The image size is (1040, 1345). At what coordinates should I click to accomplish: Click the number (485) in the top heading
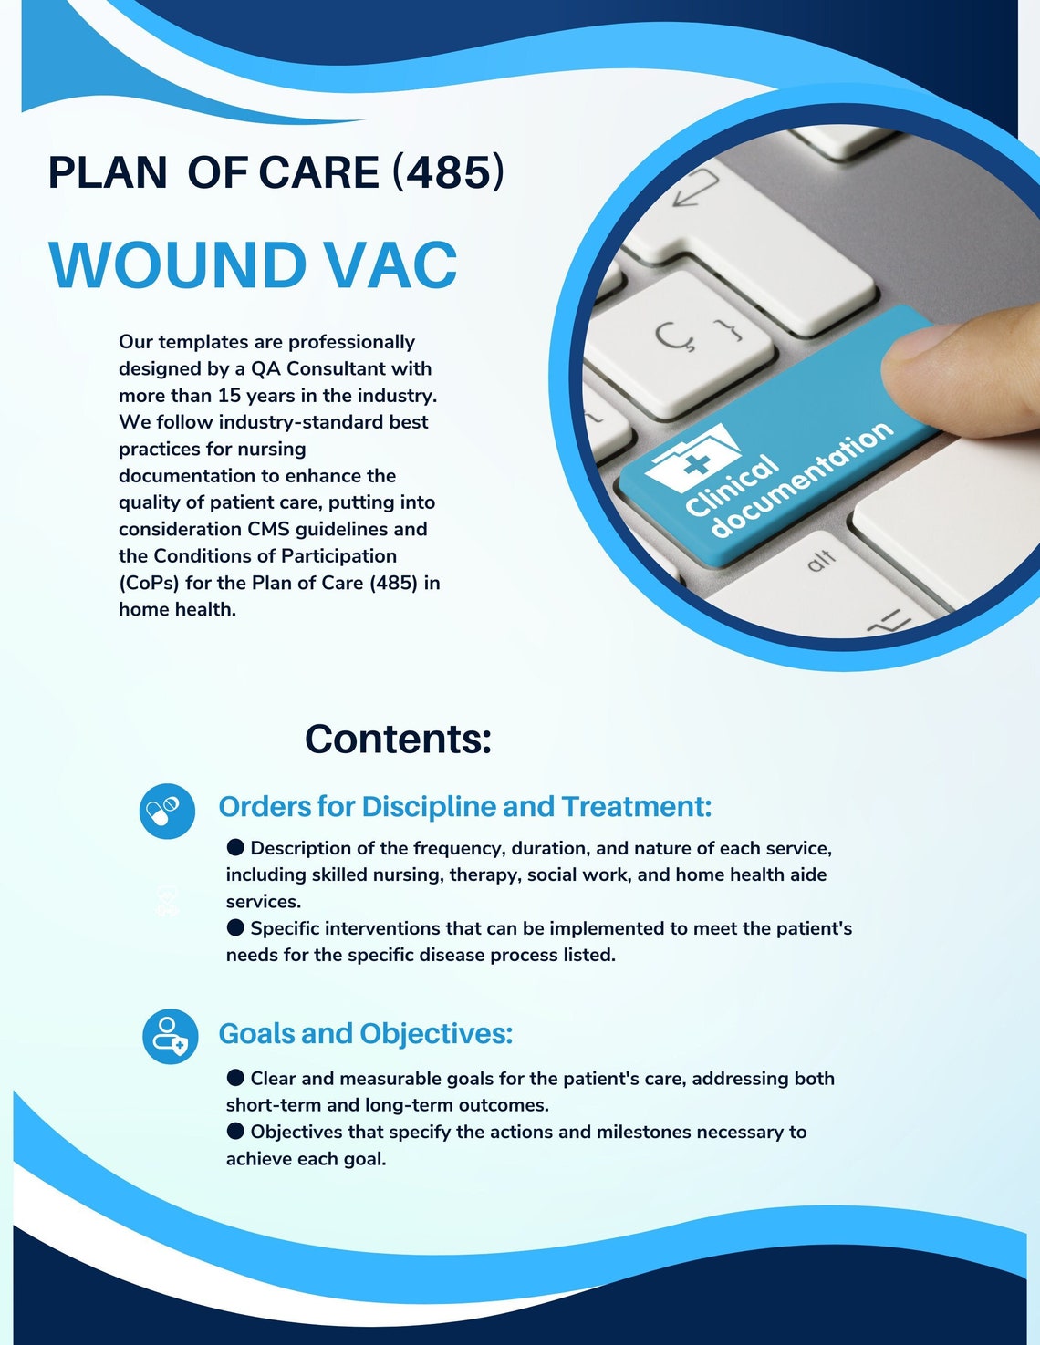448,172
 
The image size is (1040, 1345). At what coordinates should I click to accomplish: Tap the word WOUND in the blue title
178,265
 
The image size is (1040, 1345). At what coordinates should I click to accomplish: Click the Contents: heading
398,739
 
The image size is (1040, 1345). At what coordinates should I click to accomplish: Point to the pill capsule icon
167,811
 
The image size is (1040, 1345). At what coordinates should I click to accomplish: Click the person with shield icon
171,1036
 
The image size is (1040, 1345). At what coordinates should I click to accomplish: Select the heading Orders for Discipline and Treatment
464,807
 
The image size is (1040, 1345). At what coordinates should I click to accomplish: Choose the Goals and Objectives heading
365,1034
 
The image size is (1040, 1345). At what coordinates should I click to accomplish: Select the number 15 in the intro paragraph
229,396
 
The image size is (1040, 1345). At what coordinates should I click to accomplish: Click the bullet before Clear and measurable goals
235,1078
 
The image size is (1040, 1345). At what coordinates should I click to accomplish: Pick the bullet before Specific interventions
235,927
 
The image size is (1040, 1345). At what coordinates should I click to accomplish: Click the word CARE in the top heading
318,172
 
